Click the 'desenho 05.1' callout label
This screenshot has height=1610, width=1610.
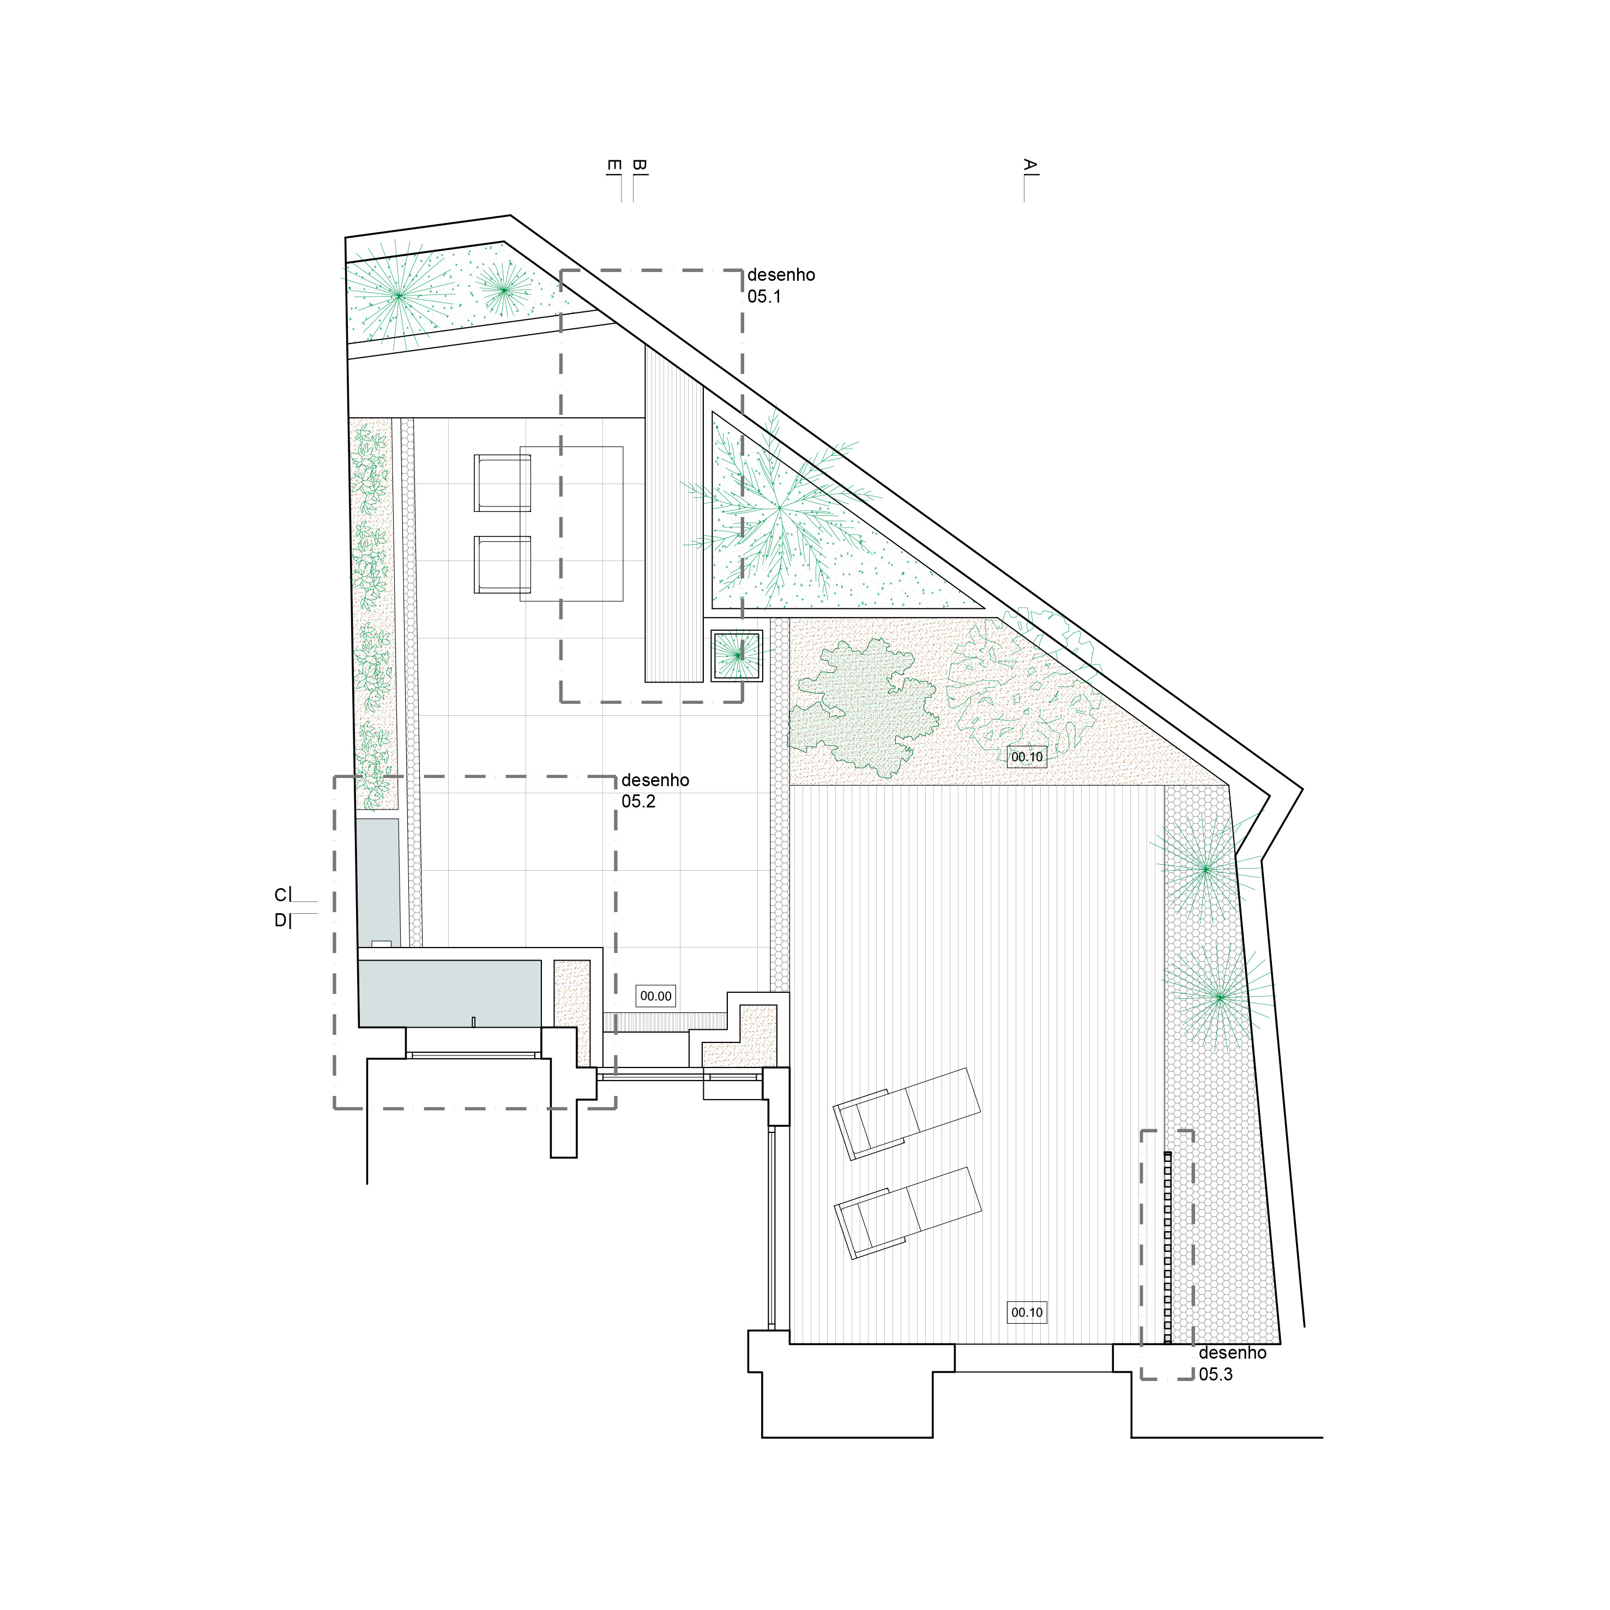pos(781,285)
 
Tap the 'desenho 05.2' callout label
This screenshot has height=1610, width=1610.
pos(655,790)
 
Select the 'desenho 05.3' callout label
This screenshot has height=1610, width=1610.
pos(1233,1364)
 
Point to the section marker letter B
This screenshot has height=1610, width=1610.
pos(638,166)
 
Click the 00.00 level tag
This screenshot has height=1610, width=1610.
pos(656,996)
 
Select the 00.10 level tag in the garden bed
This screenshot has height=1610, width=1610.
pos(1027,757)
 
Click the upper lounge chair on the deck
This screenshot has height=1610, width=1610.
pos(908,1113)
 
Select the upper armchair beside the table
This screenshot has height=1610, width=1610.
pos(503,483)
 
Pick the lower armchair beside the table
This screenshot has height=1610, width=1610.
pos(503,565)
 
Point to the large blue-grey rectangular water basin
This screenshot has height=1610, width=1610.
pos(450,993)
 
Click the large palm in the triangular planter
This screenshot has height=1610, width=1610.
pos(779,508)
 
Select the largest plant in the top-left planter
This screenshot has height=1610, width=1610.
pos(399,295)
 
